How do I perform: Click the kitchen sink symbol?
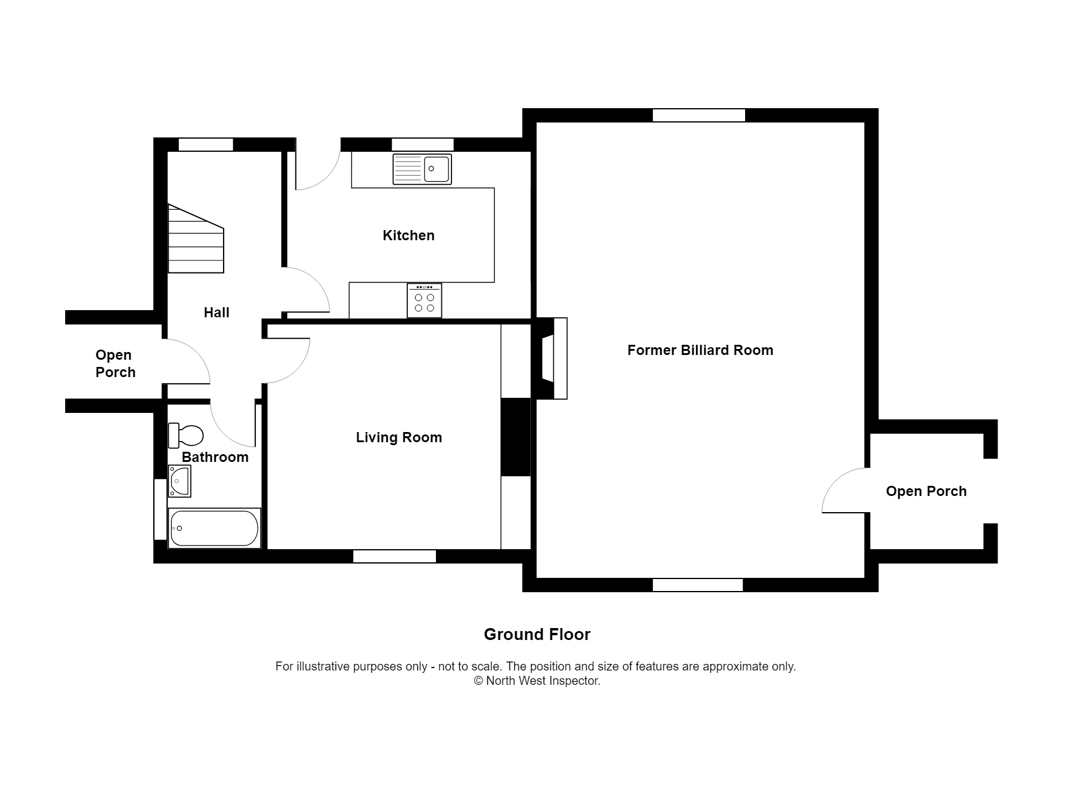click(422, 169)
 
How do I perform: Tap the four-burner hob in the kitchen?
click(425, 301)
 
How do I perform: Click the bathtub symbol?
click(214, 528)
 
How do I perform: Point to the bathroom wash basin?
click(179, 481)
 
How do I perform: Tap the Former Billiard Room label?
click(700, 350)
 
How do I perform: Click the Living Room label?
click(399, 437)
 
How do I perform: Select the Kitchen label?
click(408, 235)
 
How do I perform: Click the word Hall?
click(216, 313)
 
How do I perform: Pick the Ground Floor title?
click(536, 635)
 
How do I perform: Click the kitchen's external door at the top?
click(317, 167)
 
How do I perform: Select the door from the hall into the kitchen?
click(306, 291)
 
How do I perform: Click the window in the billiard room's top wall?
click(698, 115)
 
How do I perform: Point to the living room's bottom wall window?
click(395, 556)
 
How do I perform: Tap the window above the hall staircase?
click(206, 145)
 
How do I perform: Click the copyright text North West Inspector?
click(536, 681)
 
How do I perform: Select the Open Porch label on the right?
click(926, 491)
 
